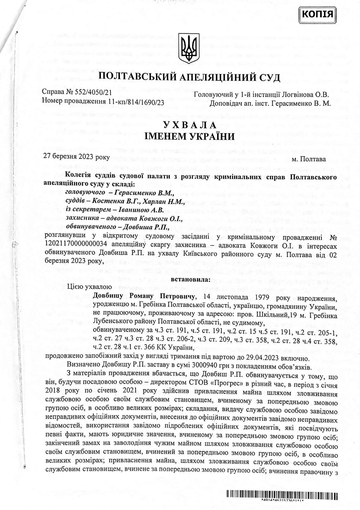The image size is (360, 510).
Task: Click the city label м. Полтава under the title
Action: (x=309, y=159)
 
